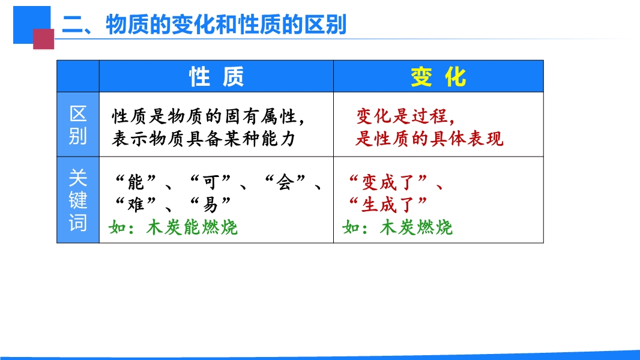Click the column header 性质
(x=216, y=77)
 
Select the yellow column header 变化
(x=438, y=77)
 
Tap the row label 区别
(x=78, y=125)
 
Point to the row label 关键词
(x=78, y=200)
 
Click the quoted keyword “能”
(x=136, y=182)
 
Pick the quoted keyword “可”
(x=211, y=182)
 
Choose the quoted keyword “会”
(x=285, y=182)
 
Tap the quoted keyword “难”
(x=136, y=204)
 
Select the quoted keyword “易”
(x=211, y=204)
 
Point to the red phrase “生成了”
(x=388, y=204)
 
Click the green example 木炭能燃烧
(x=192, y=227)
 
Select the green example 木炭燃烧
(x=416, y=227)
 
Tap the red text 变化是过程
(x=402, y=116)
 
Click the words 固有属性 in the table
(x=261, y=116)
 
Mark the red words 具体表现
(x=467, y=139)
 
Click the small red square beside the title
(x=44, y=39)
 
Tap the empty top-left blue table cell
(x=78, y=76)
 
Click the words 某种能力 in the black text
(x=261, y=139)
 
